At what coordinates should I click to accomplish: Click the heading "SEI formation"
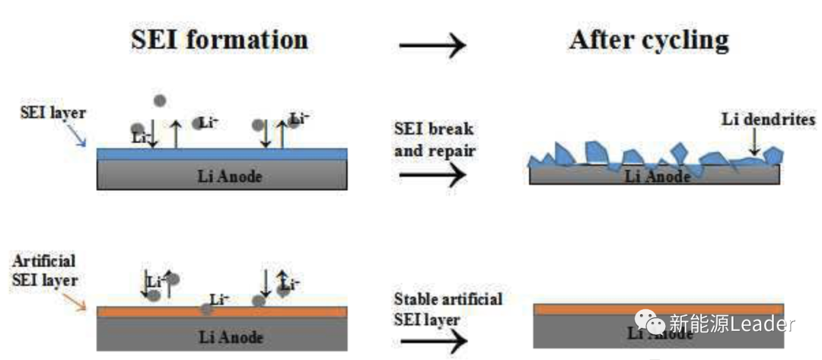click(219, 39)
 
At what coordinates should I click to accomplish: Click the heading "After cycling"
click(648, 40)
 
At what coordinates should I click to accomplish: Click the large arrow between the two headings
click(432, 46)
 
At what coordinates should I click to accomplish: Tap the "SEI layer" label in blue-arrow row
click(53, 113)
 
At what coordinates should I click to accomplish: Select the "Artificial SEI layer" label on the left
click(45, 270)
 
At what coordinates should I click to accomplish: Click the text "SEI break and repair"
click(435, 139)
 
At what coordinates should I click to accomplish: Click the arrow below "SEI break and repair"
click(432, 175)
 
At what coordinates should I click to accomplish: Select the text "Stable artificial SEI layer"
click(448, 308)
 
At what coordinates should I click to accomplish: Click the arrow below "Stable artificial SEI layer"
click(432, 342)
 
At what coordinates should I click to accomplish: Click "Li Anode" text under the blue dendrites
click(658, 177)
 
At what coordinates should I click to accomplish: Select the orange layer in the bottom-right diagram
click(658, 308)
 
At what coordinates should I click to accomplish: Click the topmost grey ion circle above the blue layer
click(159, 100)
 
